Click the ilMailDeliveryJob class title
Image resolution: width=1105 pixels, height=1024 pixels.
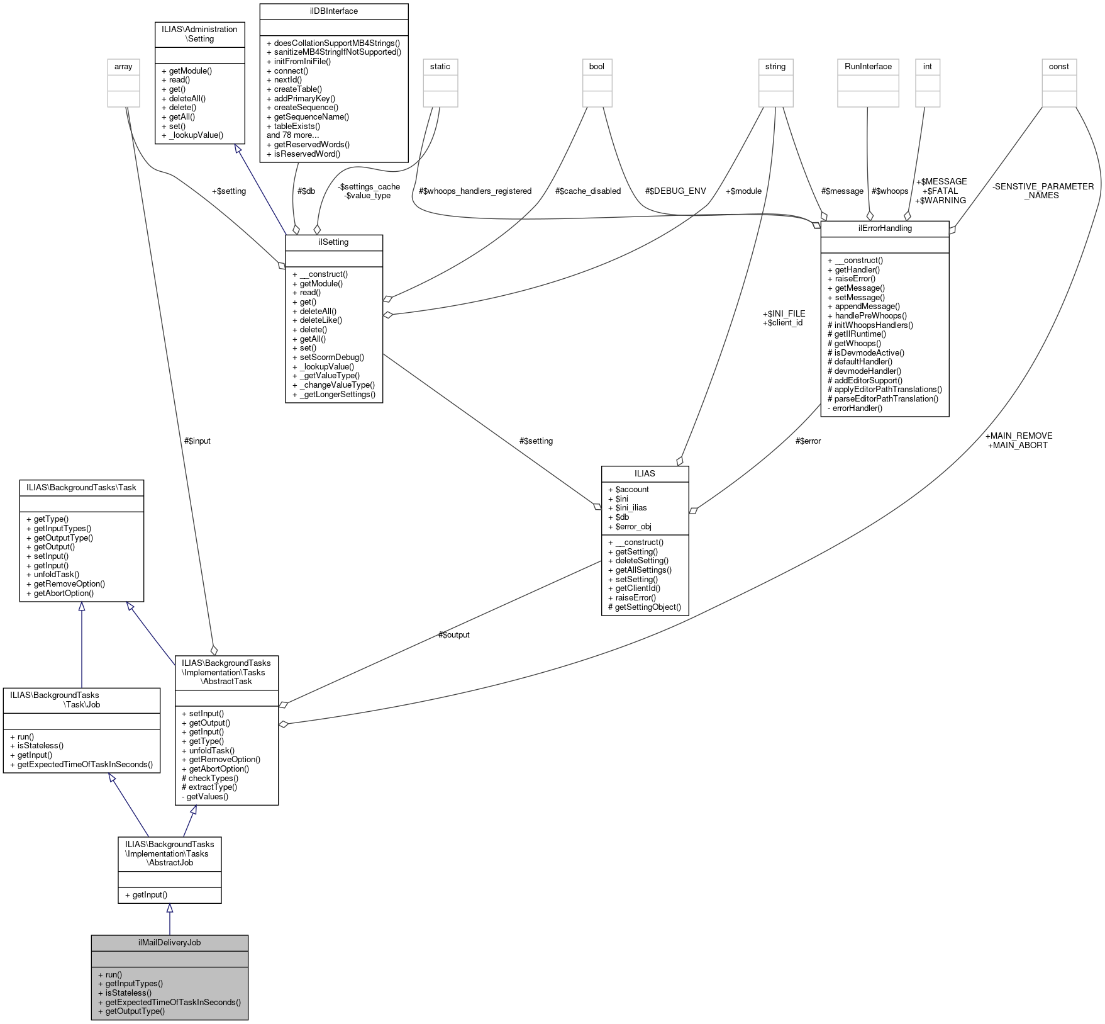pyautogui.click(x=169, y=943)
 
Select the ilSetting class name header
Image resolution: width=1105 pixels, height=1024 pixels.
pyautogui.click(x=334, y=242)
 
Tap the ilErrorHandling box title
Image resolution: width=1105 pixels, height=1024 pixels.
pyautogui.click(x=884, y=228)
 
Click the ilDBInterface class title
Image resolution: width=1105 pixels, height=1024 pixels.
pyautogui.click(x=334, y=11)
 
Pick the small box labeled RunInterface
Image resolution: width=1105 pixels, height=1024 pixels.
pyautogui.click(x=868, y=67)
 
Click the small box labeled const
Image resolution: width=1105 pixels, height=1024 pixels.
pyautogui.click(x=1059, y=67)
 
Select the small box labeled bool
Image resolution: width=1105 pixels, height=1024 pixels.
pyautogui.click(x=597, y=67)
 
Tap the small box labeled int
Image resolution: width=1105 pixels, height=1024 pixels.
pyautogui.click(x=927, y=67)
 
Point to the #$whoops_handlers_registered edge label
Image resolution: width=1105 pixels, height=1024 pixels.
pyautogui.click(x=475, y=191)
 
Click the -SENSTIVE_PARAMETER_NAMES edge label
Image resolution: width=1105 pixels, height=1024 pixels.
pyautogui.click(x=1043, y=191)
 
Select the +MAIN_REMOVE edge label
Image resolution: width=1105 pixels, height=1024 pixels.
pyautogui.click(x=1018, y=436)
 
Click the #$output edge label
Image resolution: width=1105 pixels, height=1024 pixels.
pyautogui.click(x=453, y=634)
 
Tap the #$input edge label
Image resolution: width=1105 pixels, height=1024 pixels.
pyautogui.click(x=197, y=441)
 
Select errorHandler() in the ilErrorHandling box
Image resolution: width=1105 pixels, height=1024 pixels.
pyautogui.click(x=857, y=408)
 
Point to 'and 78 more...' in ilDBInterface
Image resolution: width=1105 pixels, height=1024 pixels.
pyautogui.click(x=293, y=135)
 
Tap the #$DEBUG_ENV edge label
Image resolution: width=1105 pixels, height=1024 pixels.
pyautogui.click(x=675, y=191)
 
